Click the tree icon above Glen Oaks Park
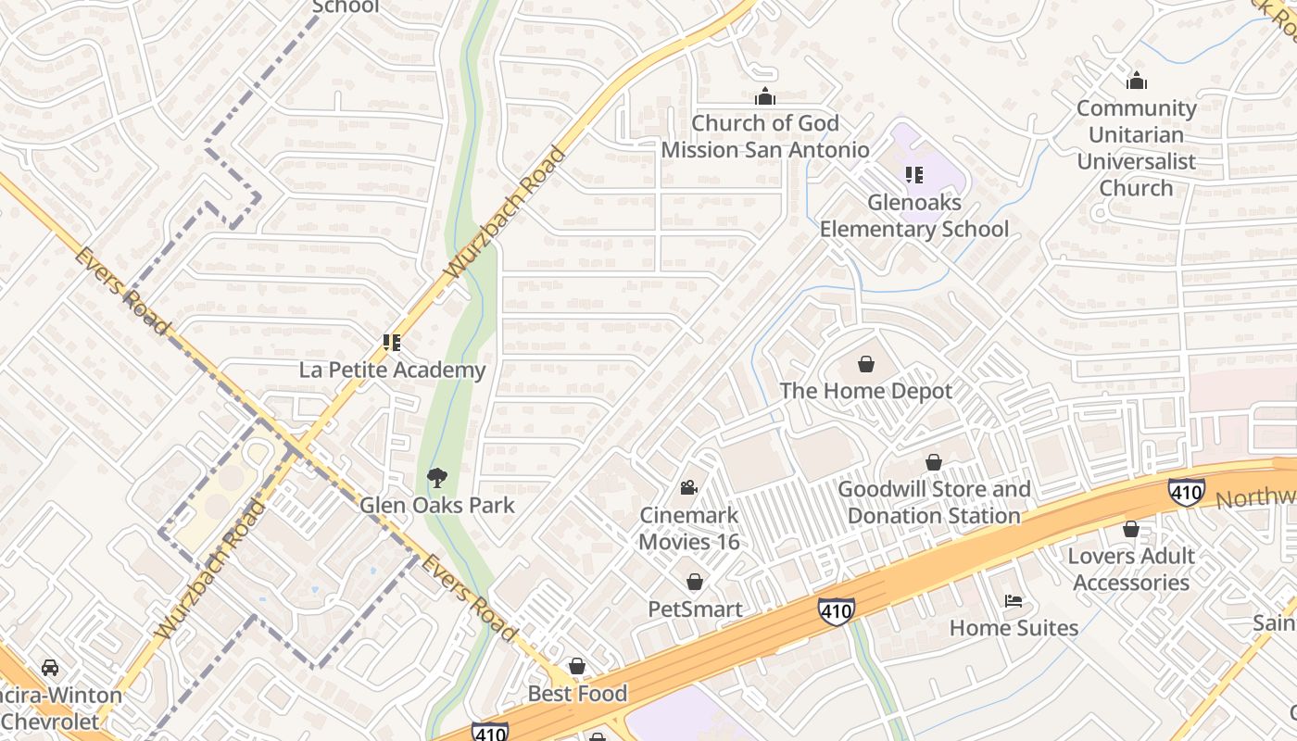coord(436,478)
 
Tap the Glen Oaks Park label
coord(436,506)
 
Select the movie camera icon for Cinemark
coord(688,487)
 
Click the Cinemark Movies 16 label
coord(689,528)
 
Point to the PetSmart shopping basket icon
coord(694,582)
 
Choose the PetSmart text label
coord(695,609)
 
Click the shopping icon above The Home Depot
coord(866,364)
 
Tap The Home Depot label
coord(866,391)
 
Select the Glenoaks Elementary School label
coord(913,216)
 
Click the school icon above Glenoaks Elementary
coord(914,174)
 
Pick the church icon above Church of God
coord(765,95)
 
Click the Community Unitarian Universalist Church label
coord(1136,148)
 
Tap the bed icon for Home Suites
coord(1014,600)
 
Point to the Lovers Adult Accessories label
coord(1131,569)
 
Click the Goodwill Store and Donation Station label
coord(934,503)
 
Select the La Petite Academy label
coord(392,370)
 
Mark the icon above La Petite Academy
coord(392,343)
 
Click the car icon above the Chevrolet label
coord(50,667)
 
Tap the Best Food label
coord(577,694)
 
